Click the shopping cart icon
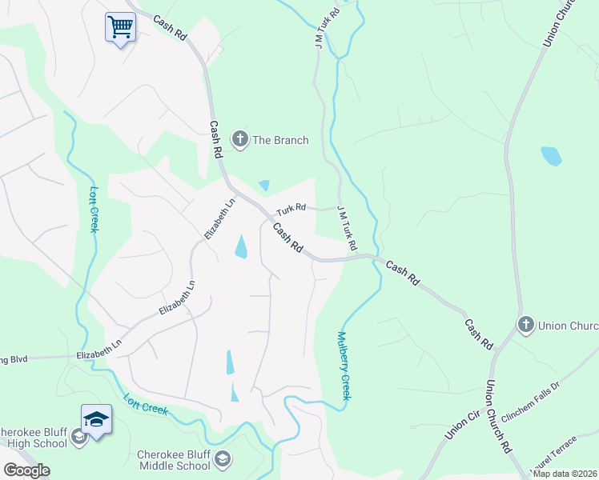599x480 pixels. point(120,26)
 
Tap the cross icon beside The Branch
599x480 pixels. point(239,140)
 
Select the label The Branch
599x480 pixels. point(280,141)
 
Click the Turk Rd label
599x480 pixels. point(291,209)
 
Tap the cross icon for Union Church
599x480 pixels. point(525,325)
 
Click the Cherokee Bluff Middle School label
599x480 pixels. point(174,460)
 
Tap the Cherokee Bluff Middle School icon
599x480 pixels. point(223,458)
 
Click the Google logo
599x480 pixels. point(26,470)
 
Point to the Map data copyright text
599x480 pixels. point(565,474)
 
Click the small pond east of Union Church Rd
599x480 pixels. point(551,156)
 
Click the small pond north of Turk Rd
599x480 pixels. point(263,185)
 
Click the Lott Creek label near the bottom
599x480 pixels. point(146,403)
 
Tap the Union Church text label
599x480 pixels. point(569,326)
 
